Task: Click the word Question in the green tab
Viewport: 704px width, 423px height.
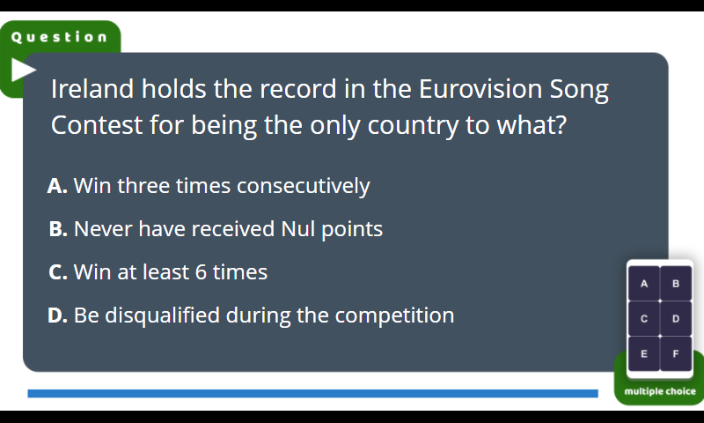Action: pos(59,37)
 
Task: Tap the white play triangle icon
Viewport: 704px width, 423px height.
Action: pos(23,70)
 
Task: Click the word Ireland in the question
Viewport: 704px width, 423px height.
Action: pos(92,88)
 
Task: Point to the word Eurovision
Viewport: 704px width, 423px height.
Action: pos(480,88)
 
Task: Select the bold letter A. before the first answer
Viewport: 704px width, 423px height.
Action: pos(57,186)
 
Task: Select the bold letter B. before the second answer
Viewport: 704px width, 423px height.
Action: pos(58,229)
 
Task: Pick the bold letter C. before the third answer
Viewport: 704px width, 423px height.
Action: pos(58,272)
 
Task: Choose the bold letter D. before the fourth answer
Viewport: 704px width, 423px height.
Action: pos(58,315)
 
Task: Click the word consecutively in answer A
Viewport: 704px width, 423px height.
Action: pos(304,187)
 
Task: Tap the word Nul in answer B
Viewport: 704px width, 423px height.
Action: pos(297,229)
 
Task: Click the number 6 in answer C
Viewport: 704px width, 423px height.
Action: pos(201,272)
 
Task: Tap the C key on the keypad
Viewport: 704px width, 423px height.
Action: pos(644,319)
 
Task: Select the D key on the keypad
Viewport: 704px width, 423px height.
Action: pos(676,319)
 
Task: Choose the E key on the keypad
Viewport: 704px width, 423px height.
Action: pos(644,353)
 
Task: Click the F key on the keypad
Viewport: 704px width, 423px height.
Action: pos(676,353)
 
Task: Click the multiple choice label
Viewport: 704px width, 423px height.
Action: pos(660,391)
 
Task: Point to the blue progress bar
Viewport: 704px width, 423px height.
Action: pos(313,394)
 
